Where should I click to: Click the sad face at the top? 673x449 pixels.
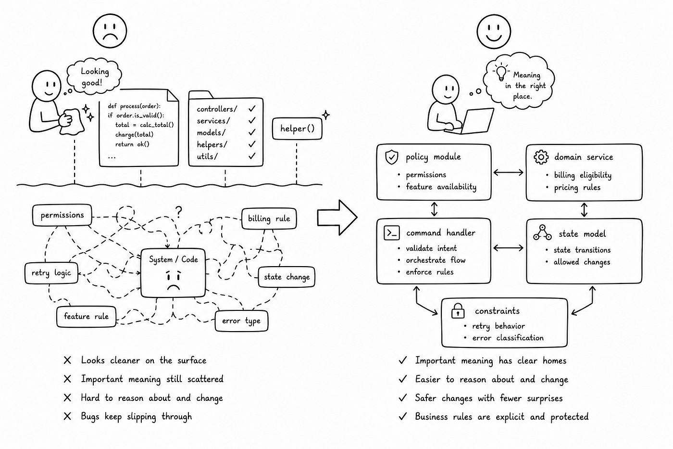pos(110,31)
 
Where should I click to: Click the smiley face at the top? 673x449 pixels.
pos(494,31)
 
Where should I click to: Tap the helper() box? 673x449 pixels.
pos(297,128)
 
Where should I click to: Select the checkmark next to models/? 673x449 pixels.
pos(252,132)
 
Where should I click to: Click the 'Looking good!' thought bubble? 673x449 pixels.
pos(94,77)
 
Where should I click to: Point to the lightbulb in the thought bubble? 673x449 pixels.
pos(501,72)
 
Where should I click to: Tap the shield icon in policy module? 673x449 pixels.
pos(392,157)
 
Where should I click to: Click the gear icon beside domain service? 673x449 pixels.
pos(541,157)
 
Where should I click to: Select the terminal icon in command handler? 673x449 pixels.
pos(392,233)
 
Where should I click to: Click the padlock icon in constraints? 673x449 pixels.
pos(458,311)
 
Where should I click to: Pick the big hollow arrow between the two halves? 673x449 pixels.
pos(337,218)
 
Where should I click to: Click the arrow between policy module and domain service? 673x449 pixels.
pos(509,172)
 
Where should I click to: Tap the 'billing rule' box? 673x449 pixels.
pos(269,218)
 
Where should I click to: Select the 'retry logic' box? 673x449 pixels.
pos(51,273)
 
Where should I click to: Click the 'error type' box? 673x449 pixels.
pos(241,321)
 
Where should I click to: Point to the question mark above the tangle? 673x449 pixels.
pos(179,212)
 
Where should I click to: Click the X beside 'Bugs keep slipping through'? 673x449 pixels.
pos(68,416)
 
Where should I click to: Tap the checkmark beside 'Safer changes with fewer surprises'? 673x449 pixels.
pos(403,398)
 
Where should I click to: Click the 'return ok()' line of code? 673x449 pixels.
pos(132,144)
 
